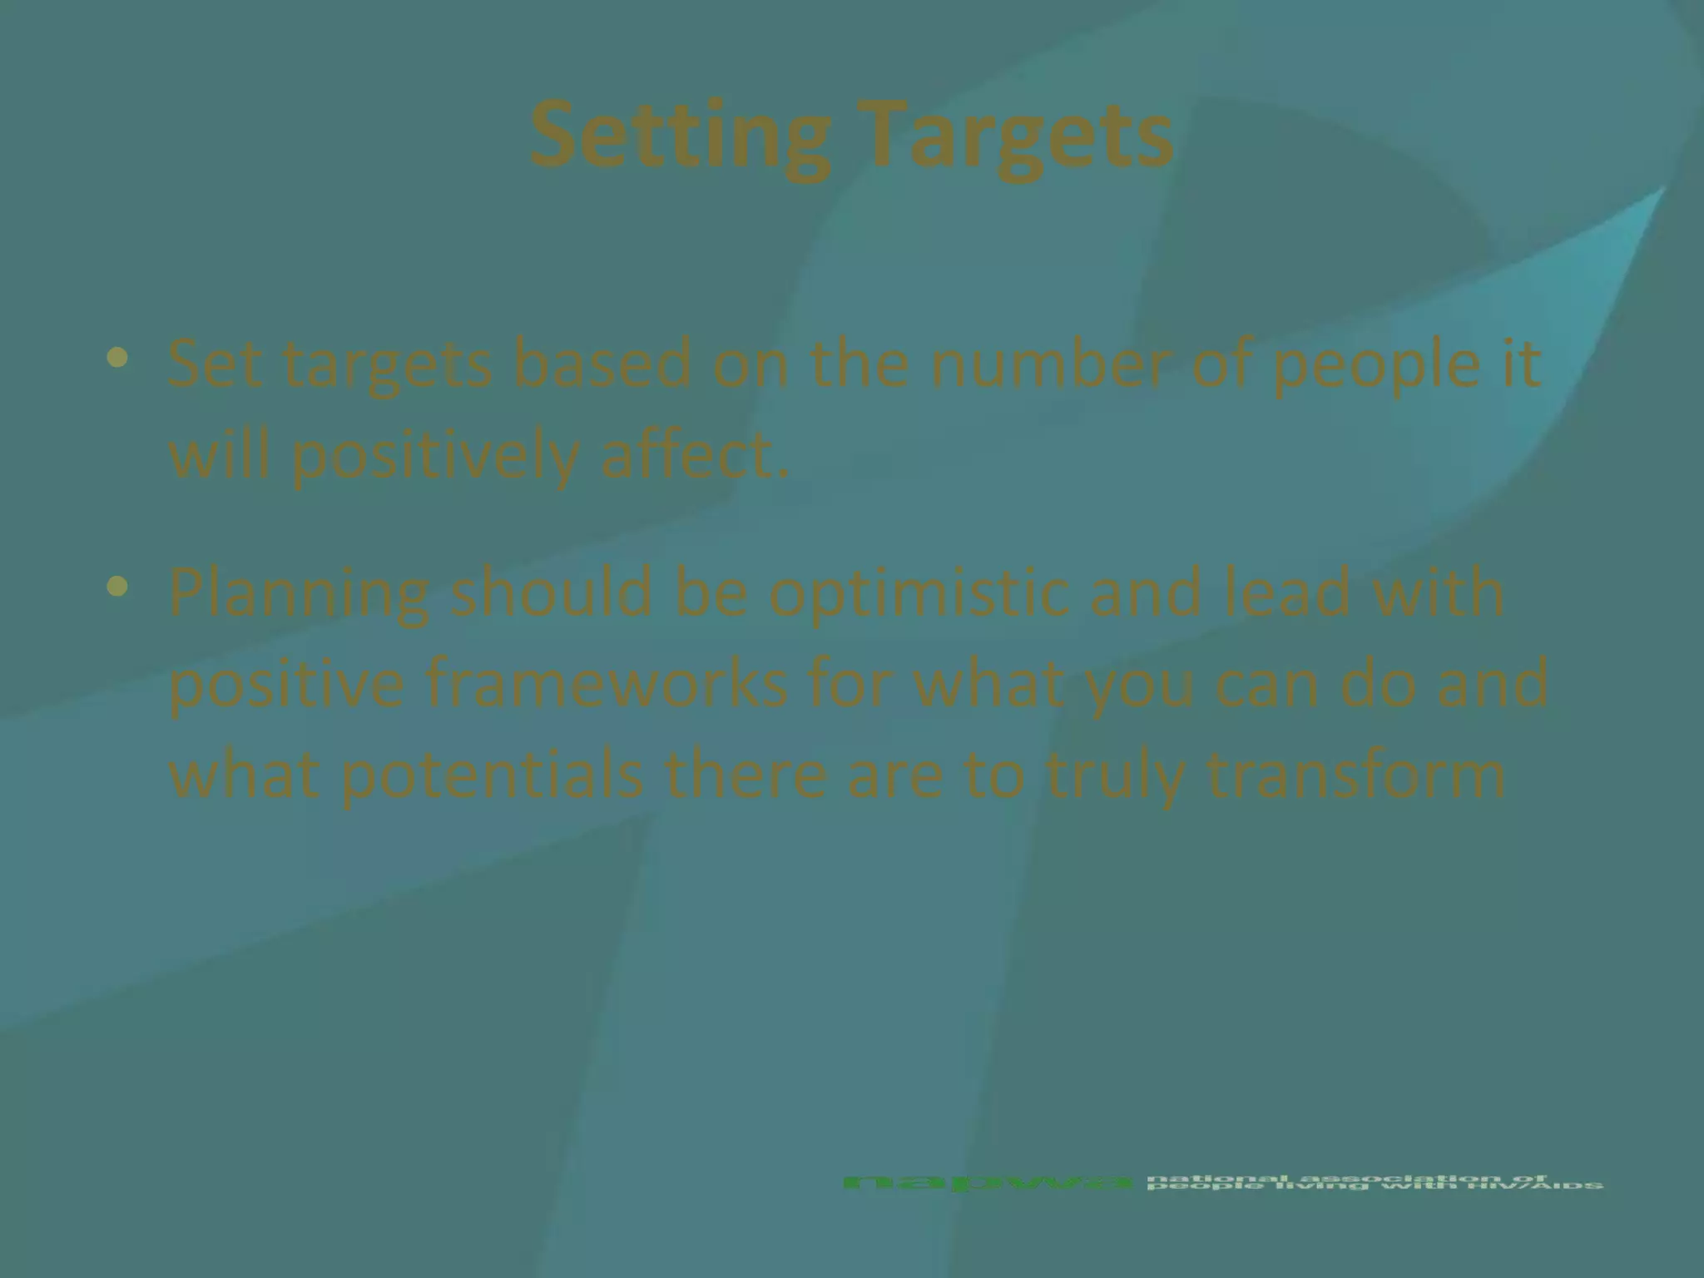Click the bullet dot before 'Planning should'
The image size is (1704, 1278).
[118, 587]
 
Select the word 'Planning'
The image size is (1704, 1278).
[300, 594]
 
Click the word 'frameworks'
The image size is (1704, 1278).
[607, 682]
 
